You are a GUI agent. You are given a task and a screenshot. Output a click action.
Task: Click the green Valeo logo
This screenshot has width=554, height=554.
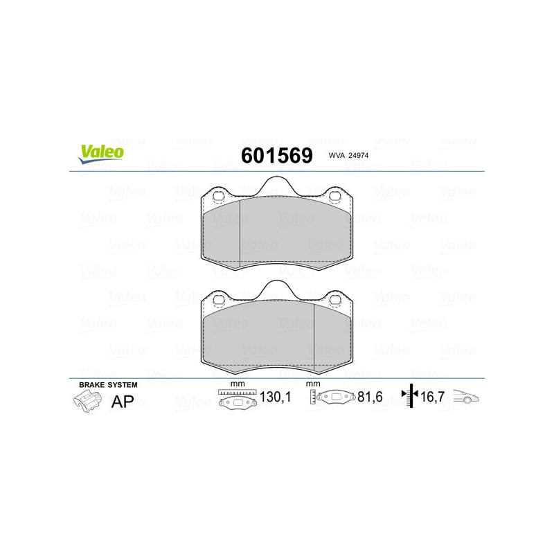pyautogui.click(x=101, y=154)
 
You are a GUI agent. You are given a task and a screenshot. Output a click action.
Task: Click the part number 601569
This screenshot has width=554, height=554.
pyautogui.click(x=276, y=155)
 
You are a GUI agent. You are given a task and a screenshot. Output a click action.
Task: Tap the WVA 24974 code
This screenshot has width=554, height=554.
pyautogui.click(x=348, y=155)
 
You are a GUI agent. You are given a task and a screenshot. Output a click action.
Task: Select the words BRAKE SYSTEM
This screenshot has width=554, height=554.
pyautogui.click(x=108, y=385)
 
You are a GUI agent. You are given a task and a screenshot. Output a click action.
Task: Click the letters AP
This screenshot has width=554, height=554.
pyautogui.click(x=123, y=402)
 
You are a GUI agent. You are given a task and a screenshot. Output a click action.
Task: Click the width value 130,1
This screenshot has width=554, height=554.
pyautogui.click(x=275, y=397)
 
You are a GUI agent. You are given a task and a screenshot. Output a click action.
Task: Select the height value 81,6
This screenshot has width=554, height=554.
pyautogui.click(x=370, y=397)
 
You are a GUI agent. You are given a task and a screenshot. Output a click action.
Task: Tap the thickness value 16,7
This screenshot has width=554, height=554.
pyautogui.click(x=432, y=397)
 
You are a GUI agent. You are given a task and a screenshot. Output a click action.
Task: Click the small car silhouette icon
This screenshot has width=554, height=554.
pyautogui.click(x=466, y=396)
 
